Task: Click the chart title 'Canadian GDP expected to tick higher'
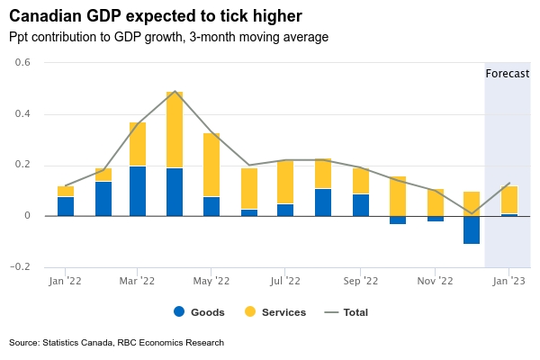pyautogui.click(x=155, y=15)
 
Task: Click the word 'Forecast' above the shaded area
pyautogui.click(x=507, y=73)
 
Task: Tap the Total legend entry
pyautogui.click(x=346, y=312)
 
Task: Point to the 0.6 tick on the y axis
pyautogui.click(x=22, y=63)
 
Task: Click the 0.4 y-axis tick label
pyautogui.click(x=22, y=114)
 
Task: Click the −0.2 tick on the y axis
pyautogui.click(x=19, y=267)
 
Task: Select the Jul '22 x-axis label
pyautogui.click(x=284, y=281)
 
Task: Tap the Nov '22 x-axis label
pyautogui.click(x=435, y=281)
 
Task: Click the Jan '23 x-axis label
pyautogui.click(x=508, y=281)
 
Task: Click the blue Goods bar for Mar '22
pyautogui.click(x=138, y=191)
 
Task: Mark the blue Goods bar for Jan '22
pyautogui.click(x=66, y=206)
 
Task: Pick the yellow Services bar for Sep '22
pyautogui.click(x=361, y=181)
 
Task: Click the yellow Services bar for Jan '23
pyautogui.click(x=509, y=200)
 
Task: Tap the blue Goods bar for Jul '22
pyautogui.click(x=285, y=210)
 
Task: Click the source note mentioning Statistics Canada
pyautogui.click(x=116, y=343)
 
